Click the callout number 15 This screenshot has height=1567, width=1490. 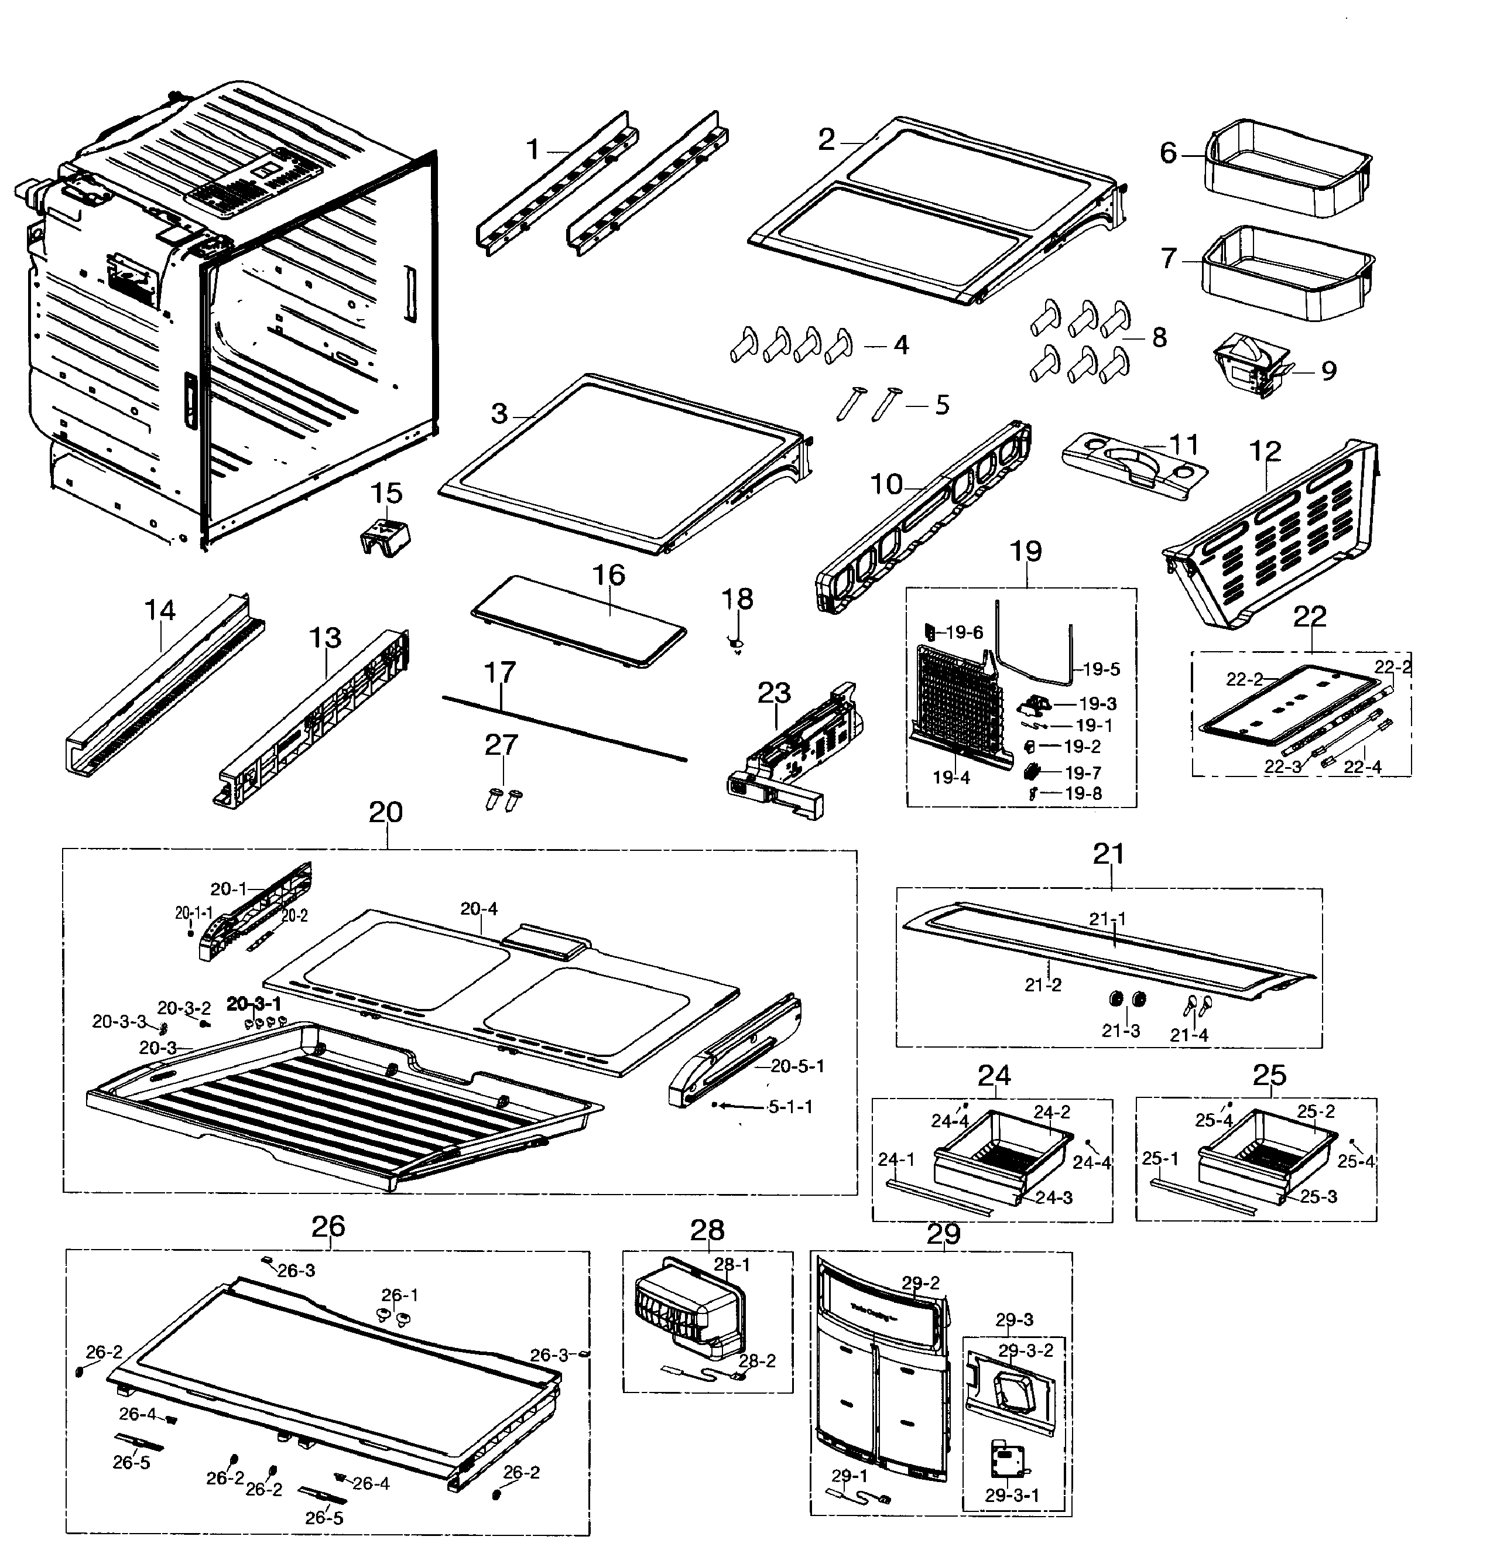387,493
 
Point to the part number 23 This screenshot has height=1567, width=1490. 775,693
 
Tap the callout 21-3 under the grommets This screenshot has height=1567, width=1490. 1121,1031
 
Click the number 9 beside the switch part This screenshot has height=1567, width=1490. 1329,370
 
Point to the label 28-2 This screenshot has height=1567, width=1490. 757,1360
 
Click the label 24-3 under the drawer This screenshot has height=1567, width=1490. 1054,1198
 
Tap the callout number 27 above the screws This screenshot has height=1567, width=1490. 501,745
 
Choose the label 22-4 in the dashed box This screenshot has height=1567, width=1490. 1363,767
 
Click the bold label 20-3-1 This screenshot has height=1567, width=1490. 254,1004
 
